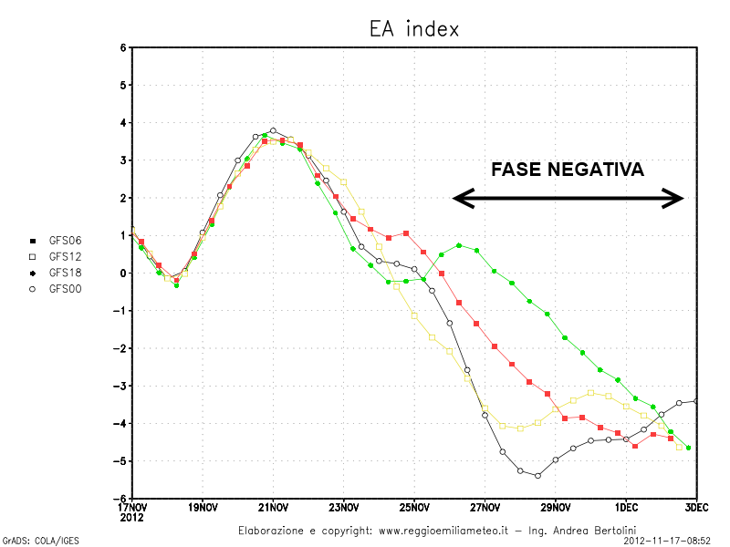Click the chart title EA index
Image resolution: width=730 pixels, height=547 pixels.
pos(408,29)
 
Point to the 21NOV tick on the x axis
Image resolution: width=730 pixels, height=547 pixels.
pos(274,507)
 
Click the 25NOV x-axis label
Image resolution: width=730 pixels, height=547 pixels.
pos(414,507)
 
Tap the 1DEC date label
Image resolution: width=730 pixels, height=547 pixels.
pos(626,507)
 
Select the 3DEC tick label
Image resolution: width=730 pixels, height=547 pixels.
pos(696,507)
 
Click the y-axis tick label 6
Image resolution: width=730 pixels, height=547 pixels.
pos(122,47)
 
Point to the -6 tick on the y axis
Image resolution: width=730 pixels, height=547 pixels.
pos(120,499)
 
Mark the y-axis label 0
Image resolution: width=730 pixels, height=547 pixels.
pos(122,273)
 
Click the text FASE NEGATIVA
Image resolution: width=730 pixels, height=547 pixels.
pos(568,170)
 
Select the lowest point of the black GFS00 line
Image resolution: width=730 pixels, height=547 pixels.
pos(537,476)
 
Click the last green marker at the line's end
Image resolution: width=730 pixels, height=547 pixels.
pos(688,448)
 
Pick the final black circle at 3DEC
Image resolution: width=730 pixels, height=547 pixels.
pos(696,401)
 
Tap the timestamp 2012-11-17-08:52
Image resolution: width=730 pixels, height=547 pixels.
pos(667,541)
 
